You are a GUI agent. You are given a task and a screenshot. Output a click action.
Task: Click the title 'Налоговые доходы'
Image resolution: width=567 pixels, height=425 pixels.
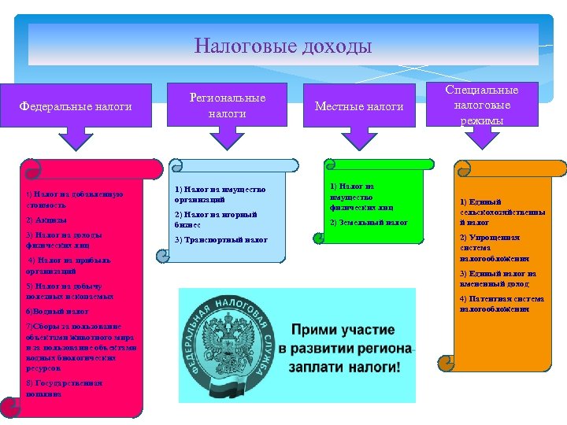click(283, 46)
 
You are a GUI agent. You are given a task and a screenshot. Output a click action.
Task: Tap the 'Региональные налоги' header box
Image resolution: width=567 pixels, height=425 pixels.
click(228, 105)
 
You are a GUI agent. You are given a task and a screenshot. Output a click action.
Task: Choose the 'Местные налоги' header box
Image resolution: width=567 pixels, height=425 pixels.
click(358, 106)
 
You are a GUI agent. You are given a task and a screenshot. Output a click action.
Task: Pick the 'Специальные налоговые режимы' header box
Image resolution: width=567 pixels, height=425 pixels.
click(482, 105)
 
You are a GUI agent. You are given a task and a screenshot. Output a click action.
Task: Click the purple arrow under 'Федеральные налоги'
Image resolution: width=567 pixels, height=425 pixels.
click(76, 139)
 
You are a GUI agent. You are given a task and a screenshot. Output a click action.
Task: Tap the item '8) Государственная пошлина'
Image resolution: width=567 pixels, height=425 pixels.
click(64, 387)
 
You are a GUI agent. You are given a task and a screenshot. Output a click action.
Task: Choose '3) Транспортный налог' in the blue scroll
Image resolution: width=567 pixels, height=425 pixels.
click(221, 240)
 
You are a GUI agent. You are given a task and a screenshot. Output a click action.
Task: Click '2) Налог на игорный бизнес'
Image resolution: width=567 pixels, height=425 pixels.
click(215, 219)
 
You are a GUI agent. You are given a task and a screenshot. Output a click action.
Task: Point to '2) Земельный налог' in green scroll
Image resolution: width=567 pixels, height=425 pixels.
click(369, 223)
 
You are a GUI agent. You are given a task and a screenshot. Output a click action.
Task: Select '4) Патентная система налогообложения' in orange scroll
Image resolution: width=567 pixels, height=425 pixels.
click(501, 304)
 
